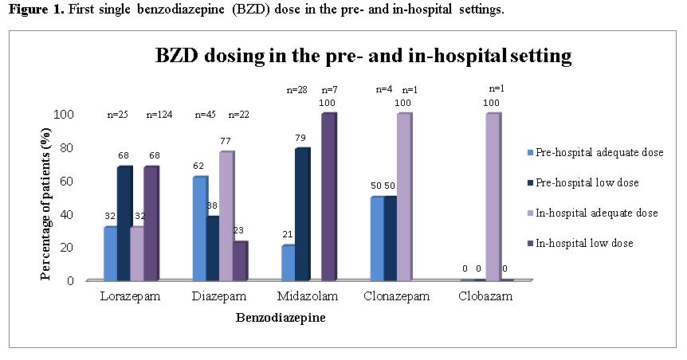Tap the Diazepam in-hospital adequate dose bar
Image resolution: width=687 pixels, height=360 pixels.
point(227,216)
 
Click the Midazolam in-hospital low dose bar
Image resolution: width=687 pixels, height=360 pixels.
point(328,197)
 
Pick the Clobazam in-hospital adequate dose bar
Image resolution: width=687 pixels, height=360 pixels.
point(493,197)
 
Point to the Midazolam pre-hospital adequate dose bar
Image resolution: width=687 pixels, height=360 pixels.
point(289,263)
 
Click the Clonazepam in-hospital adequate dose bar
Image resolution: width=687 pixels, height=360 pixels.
point(405,197)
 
